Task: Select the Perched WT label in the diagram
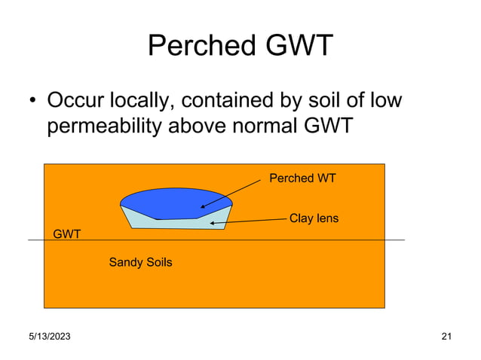[302, 178]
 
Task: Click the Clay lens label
[314, 218]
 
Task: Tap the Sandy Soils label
[140, 263]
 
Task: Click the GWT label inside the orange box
[67, 234]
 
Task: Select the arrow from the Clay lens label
[249, 221]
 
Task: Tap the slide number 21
[446, 337]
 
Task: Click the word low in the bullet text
[384, 99]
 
